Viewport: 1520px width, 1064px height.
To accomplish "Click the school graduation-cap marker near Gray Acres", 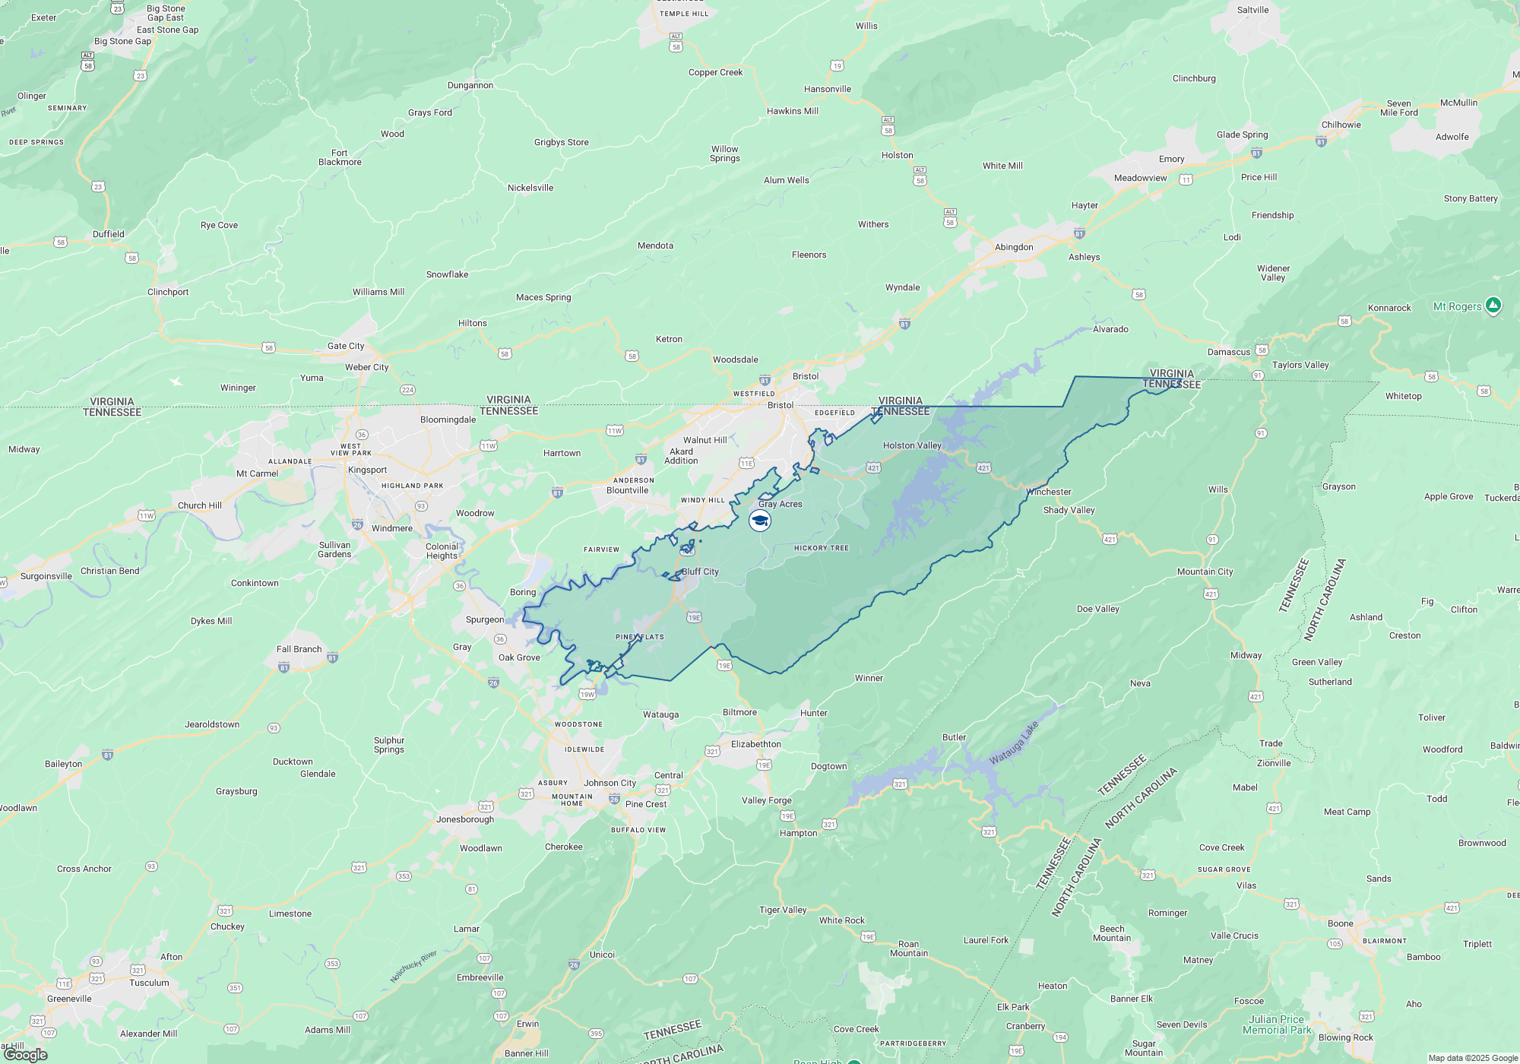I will pos(760,521).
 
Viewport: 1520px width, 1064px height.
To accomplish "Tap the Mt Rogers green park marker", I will pos(1493,306).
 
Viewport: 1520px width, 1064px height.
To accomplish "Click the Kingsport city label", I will pos(367,470).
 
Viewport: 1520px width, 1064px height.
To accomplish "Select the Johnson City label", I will pos(610,783).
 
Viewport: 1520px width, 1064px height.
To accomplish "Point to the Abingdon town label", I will pos(1014,247).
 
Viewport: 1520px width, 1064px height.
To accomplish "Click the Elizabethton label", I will pos(755,744).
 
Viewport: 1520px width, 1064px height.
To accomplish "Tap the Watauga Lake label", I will pos(1014,743).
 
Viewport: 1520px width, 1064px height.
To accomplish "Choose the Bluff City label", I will pos(700,572).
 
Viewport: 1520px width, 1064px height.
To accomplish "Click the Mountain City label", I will pos(1205,572).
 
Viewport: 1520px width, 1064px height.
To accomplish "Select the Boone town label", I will pos(1340,923).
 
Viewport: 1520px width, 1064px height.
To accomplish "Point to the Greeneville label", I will pos(69,999).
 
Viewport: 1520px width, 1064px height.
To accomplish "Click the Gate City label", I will pos(346,346).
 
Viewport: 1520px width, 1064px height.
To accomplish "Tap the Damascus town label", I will pos(1228,352).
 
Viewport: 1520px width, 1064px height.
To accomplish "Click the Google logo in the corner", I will pos(26,1055).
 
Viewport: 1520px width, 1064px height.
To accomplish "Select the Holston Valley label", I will pos(912,445).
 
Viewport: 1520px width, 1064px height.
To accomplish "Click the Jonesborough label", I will pos(465,819).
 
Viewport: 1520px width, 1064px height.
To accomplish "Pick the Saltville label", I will pos(1252,10).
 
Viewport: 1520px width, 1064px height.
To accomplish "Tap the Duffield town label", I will pos(109,234).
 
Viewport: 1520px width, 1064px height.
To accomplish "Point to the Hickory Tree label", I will pos(821,548).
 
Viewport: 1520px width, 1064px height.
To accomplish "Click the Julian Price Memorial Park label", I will pos(1277,1024).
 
